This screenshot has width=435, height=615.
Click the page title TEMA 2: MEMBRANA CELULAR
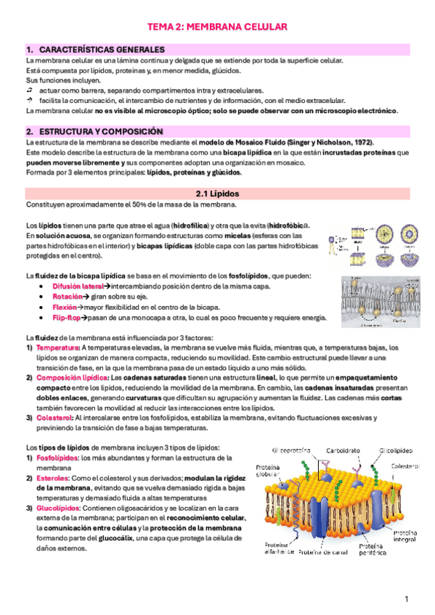coord(218,27)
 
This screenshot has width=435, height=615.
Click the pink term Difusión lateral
coord(78,287)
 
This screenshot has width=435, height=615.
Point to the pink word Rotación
coord(68,297)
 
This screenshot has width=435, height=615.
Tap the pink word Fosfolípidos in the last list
coord(57,458)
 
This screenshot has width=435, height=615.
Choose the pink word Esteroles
coord(52,479)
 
